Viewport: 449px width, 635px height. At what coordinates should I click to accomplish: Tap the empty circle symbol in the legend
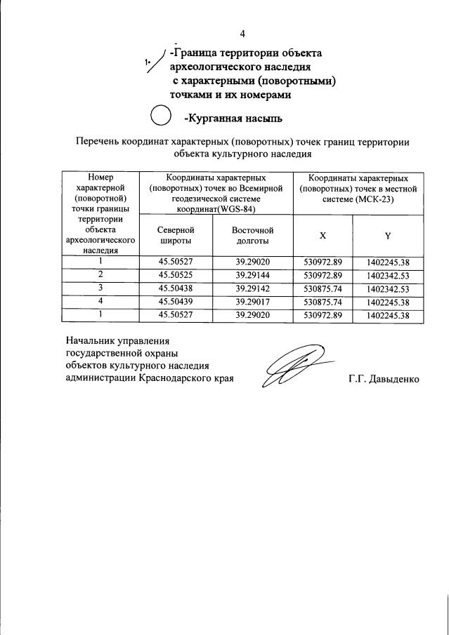tap(161, 116)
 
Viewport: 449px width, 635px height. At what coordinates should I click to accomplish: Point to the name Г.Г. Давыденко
tap(383, 380)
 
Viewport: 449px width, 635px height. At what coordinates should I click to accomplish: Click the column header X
tap(323, 235)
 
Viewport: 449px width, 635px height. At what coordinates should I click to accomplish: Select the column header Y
tap(387, 235)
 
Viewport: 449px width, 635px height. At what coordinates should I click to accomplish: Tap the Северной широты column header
tap(176, 236)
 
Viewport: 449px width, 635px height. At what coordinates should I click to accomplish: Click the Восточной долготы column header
tap(252, 236)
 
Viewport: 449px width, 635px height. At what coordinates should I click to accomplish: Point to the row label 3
tap(100, 288)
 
